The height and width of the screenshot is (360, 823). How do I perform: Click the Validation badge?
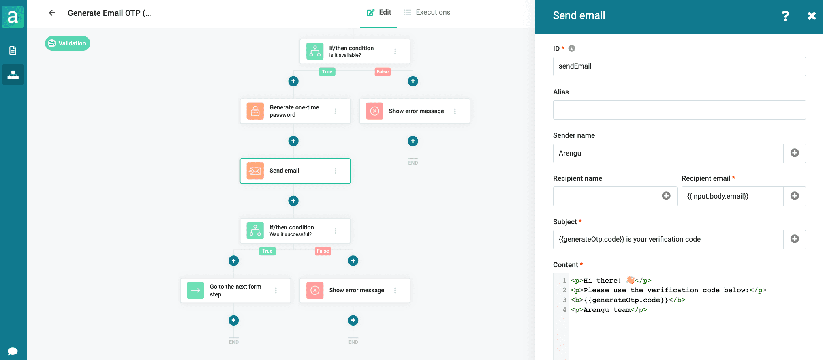tap(68, 43)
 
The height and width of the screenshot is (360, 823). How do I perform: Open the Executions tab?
tap(427, 12)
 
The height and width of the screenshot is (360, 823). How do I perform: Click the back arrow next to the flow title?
tap(52, 13)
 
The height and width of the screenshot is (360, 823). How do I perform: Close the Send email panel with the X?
tap(811, 16)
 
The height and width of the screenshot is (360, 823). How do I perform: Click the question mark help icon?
tap(785, 16)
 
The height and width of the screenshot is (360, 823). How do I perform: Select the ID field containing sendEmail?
tap(679, 66)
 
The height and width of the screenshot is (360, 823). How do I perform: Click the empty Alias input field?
tap(679, 110)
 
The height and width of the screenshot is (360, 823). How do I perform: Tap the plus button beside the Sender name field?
tap(795, 153)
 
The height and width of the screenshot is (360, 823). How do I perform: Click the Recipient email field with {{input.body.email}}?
tap(732, 196)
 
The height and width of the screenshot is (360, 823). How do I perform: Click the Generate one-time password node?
tap(295, 111)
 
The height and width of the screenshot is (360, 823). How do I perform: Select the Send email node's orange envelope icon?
tap(255, 171)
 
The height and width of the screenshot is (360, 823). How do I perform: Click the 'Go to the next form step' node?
tap(235, 290)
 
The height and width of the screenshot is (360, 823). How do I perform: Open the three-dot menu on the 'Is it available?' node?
tap(395, 51)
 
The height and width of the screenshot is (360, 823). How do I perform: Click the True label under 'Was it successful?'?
tap(267, 251)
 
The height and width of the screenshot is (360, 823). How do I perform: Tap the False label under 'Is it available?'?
tap(383, 72)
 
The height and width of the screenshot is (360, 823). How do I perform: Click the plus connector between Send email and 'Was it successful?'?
tap(293, 201)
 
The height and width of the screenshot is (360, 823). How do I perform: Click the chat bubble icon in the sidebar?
tap(13, 351)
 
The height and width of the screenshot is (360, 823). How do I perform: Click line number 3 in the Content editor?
tap(564, 300)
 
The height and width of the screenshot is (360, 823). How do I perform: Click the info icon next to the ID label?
tap(572, 49)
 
